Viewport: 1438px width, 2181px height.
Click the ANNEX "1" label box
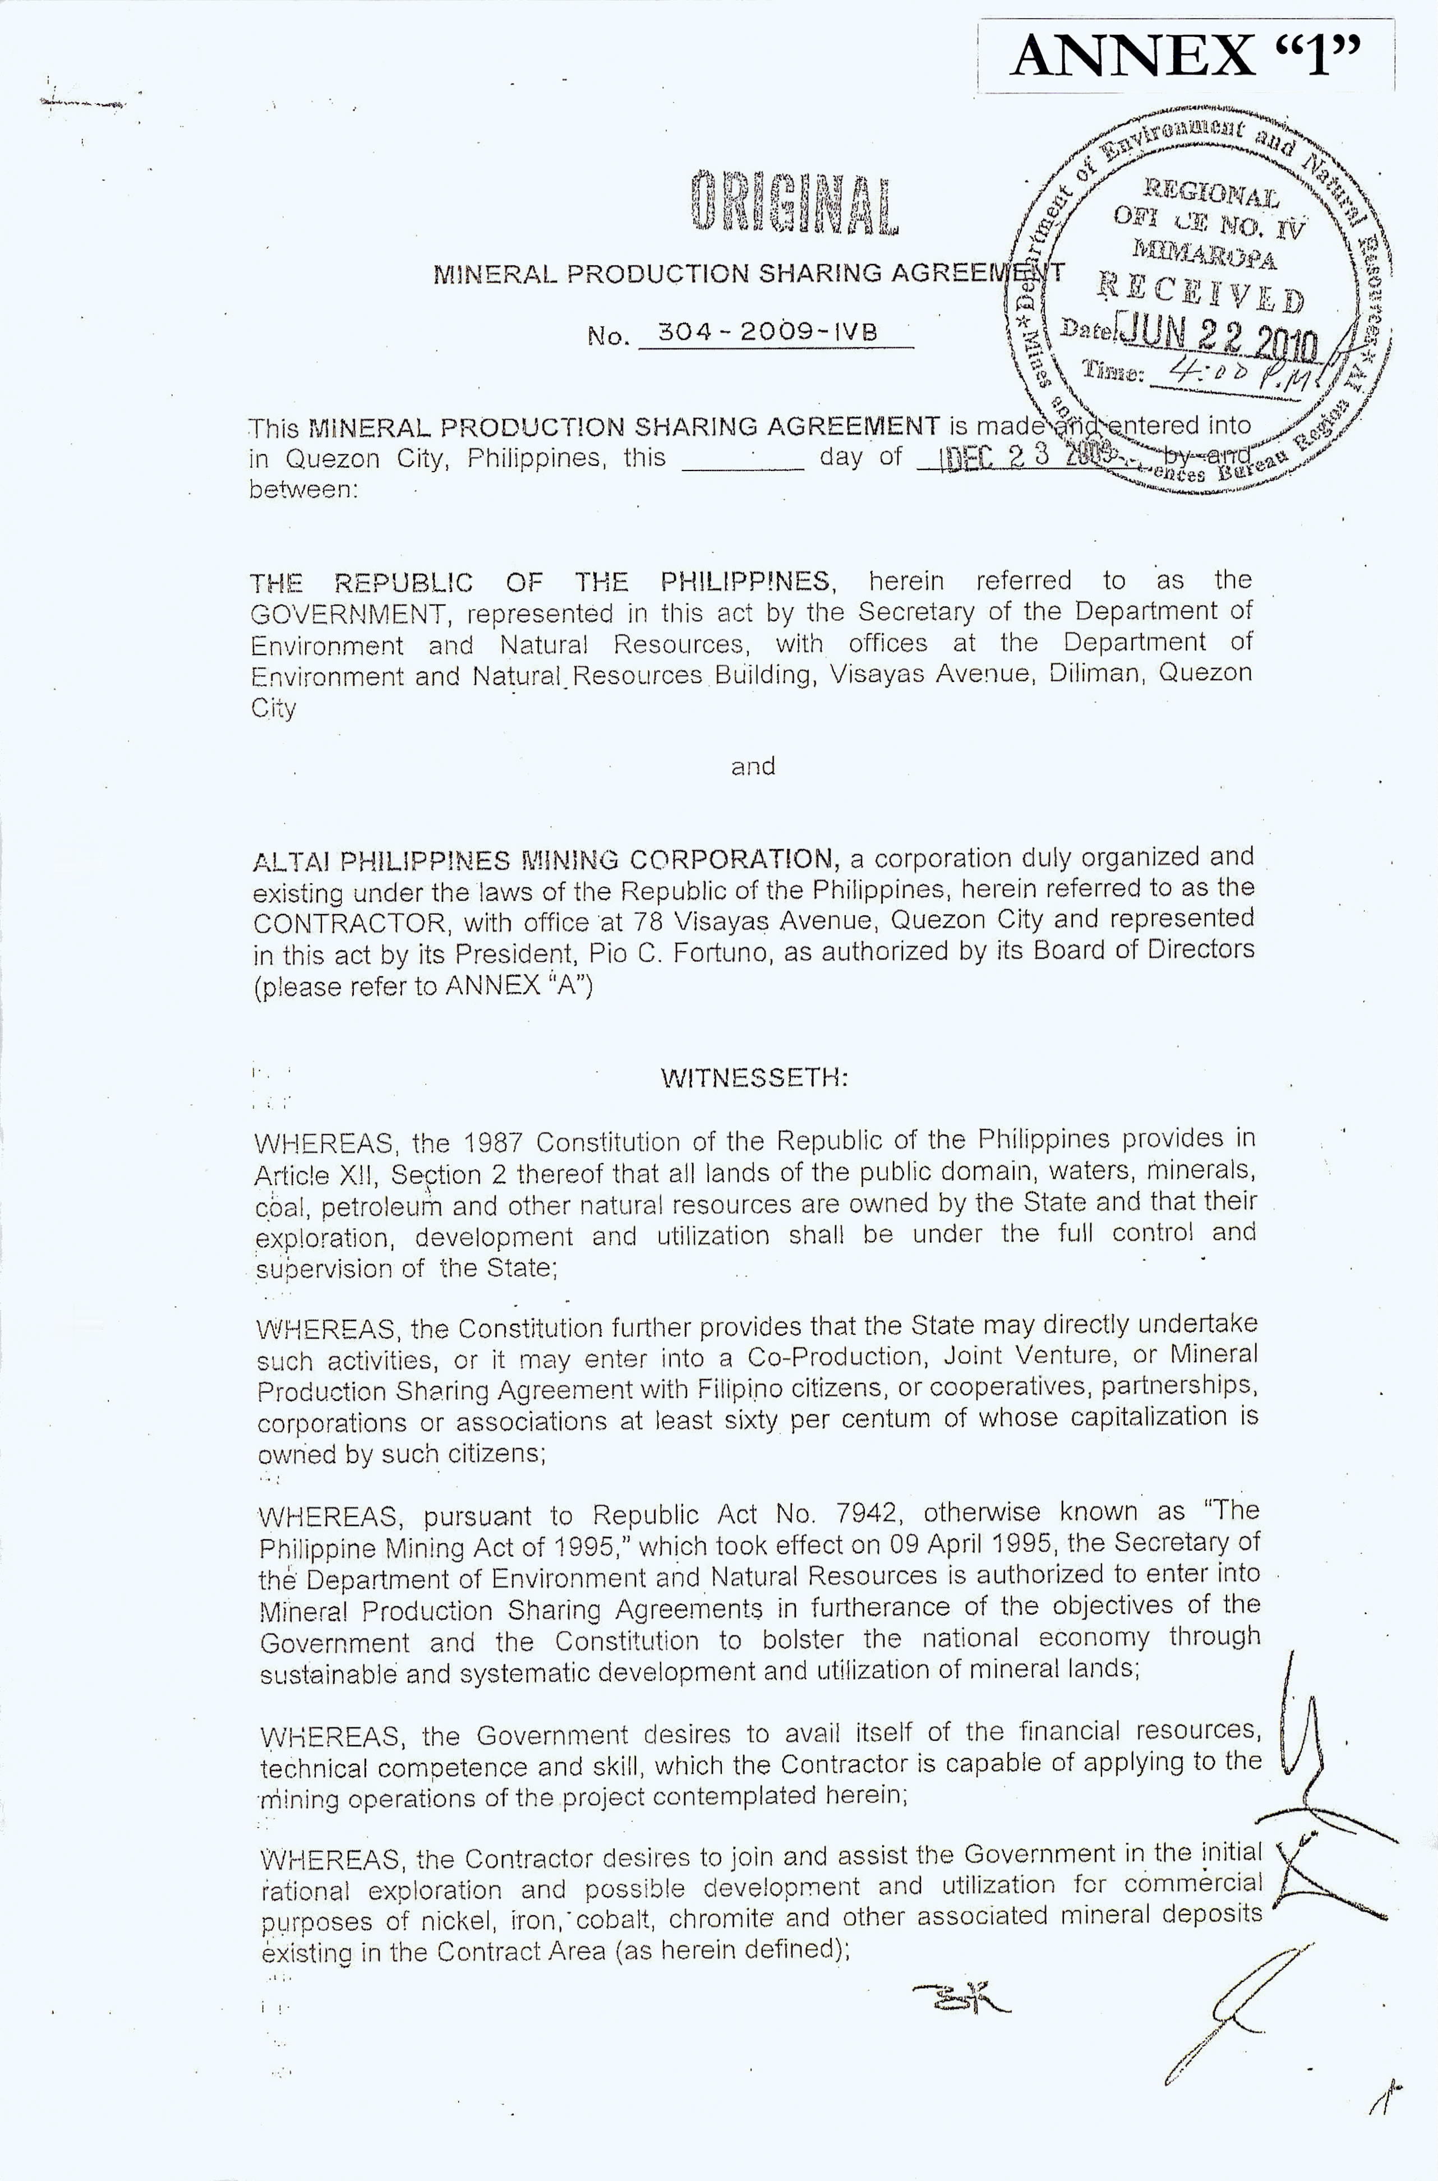[1187, 57]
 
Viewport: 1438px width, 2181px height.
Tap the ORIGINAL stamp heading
[794, 201]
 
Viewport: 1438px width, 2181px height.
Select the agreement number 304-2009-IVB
[767, 332]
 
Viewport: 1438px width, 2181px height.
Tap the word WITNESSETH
[753, 1078]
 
